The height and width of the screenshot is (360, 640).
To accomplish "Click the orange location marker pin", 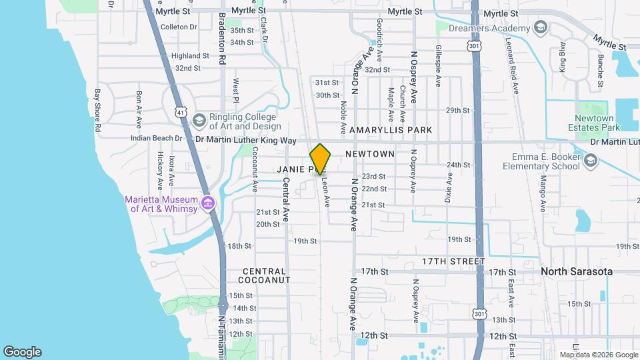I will click(321, 159).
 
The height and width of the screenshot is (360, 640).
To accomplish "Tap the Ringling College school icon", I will click(198, 120).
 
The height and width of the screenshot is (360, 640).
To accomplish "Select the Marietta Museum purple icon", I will click(208, 202).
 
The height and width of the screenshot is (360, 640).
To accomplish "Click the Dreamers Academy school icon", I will click(540, 28).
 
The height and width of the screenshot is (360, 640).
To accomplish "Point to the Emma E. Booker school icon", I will click(590, 161).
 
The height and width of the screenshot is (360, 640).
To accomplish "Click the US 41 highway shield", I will click(181, 111).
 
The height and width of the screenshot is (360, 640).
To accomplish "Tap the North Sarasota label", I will click(576, 271).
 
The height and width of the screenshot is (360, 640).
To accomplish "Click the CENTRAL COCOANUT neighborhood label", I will click(264, 275).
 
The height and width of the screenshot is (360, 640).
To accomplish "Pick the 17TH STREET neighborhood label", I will click(453, 261).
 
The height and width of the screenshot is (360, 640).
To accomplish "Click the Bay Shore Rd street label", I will click(98, 110).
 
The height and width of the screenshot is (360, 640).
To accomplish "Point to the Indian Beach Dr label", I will click(157, 138).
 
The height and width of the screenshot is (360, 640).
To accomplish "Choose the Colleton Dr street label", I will click(179, 27).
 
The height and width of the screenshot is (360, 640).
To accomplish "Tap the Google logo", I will click(22, 352).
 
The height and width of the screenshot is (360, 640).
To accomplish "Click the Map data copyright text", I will click(598, 355).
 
